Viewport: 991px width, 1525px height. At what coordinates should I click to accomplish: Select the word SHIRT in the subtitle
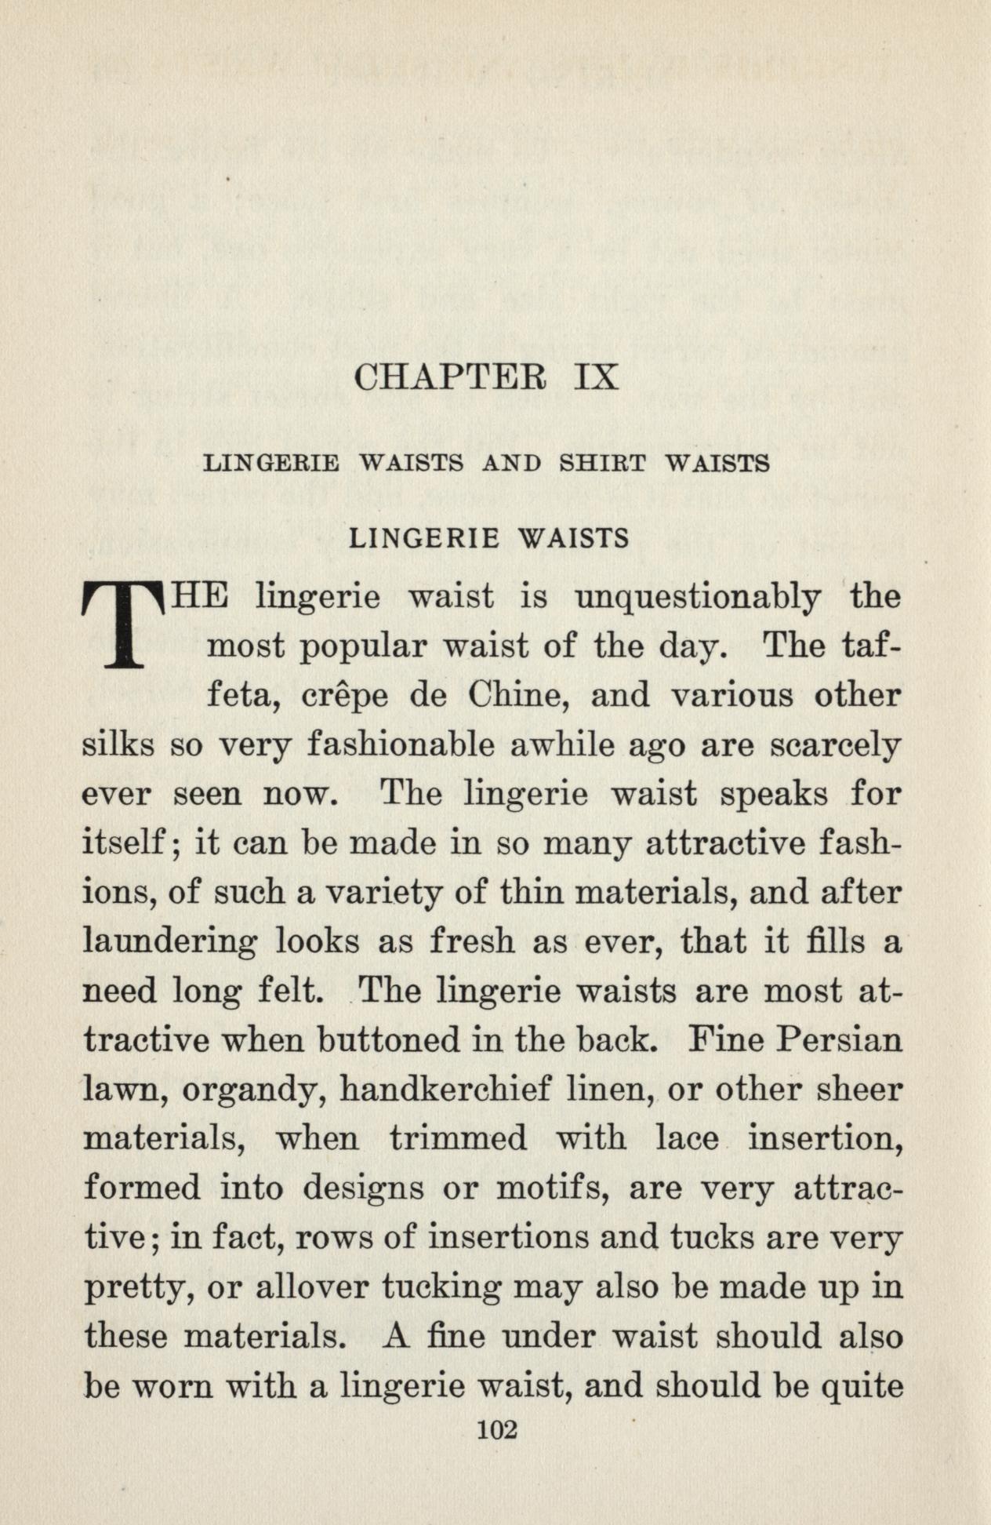click(x=602, y=464)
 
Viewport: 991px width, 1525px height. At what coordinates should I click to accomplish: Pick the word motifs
click(x=553, y=1188)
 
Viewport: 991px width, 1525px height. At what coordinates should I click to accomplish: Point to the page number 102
click(x=496, y=1431)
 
